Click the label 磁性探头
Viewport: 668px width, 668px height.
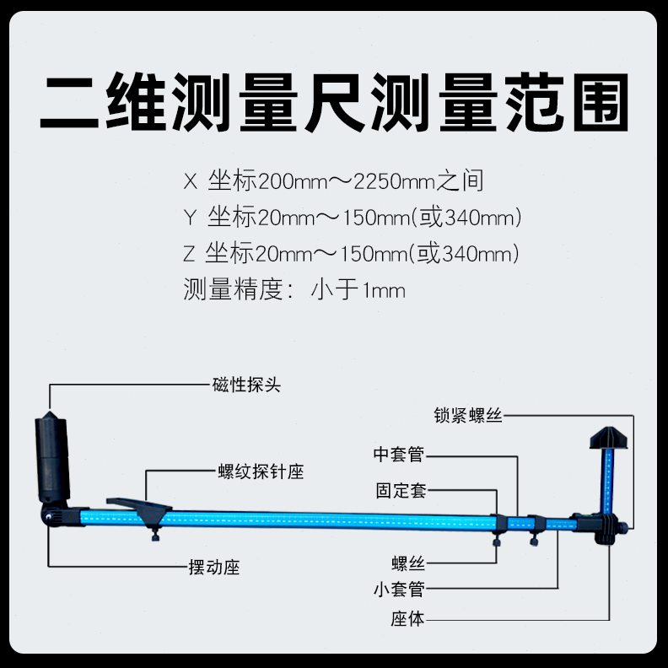coord(245,385)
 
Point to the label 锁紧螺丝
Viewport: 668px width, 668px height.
coord(468,416)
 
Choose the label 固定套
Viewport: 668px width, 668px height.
coord(401,491)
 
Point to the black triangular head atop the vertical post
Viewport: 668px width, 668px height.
coord(608,439)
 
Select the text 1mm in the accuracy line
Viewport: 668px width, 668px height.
coord(384,291)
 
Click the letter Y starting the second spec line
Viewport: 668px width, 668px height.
coord(188,218)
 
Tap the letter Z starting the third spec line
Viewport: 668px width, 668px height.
coord(188,254)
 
